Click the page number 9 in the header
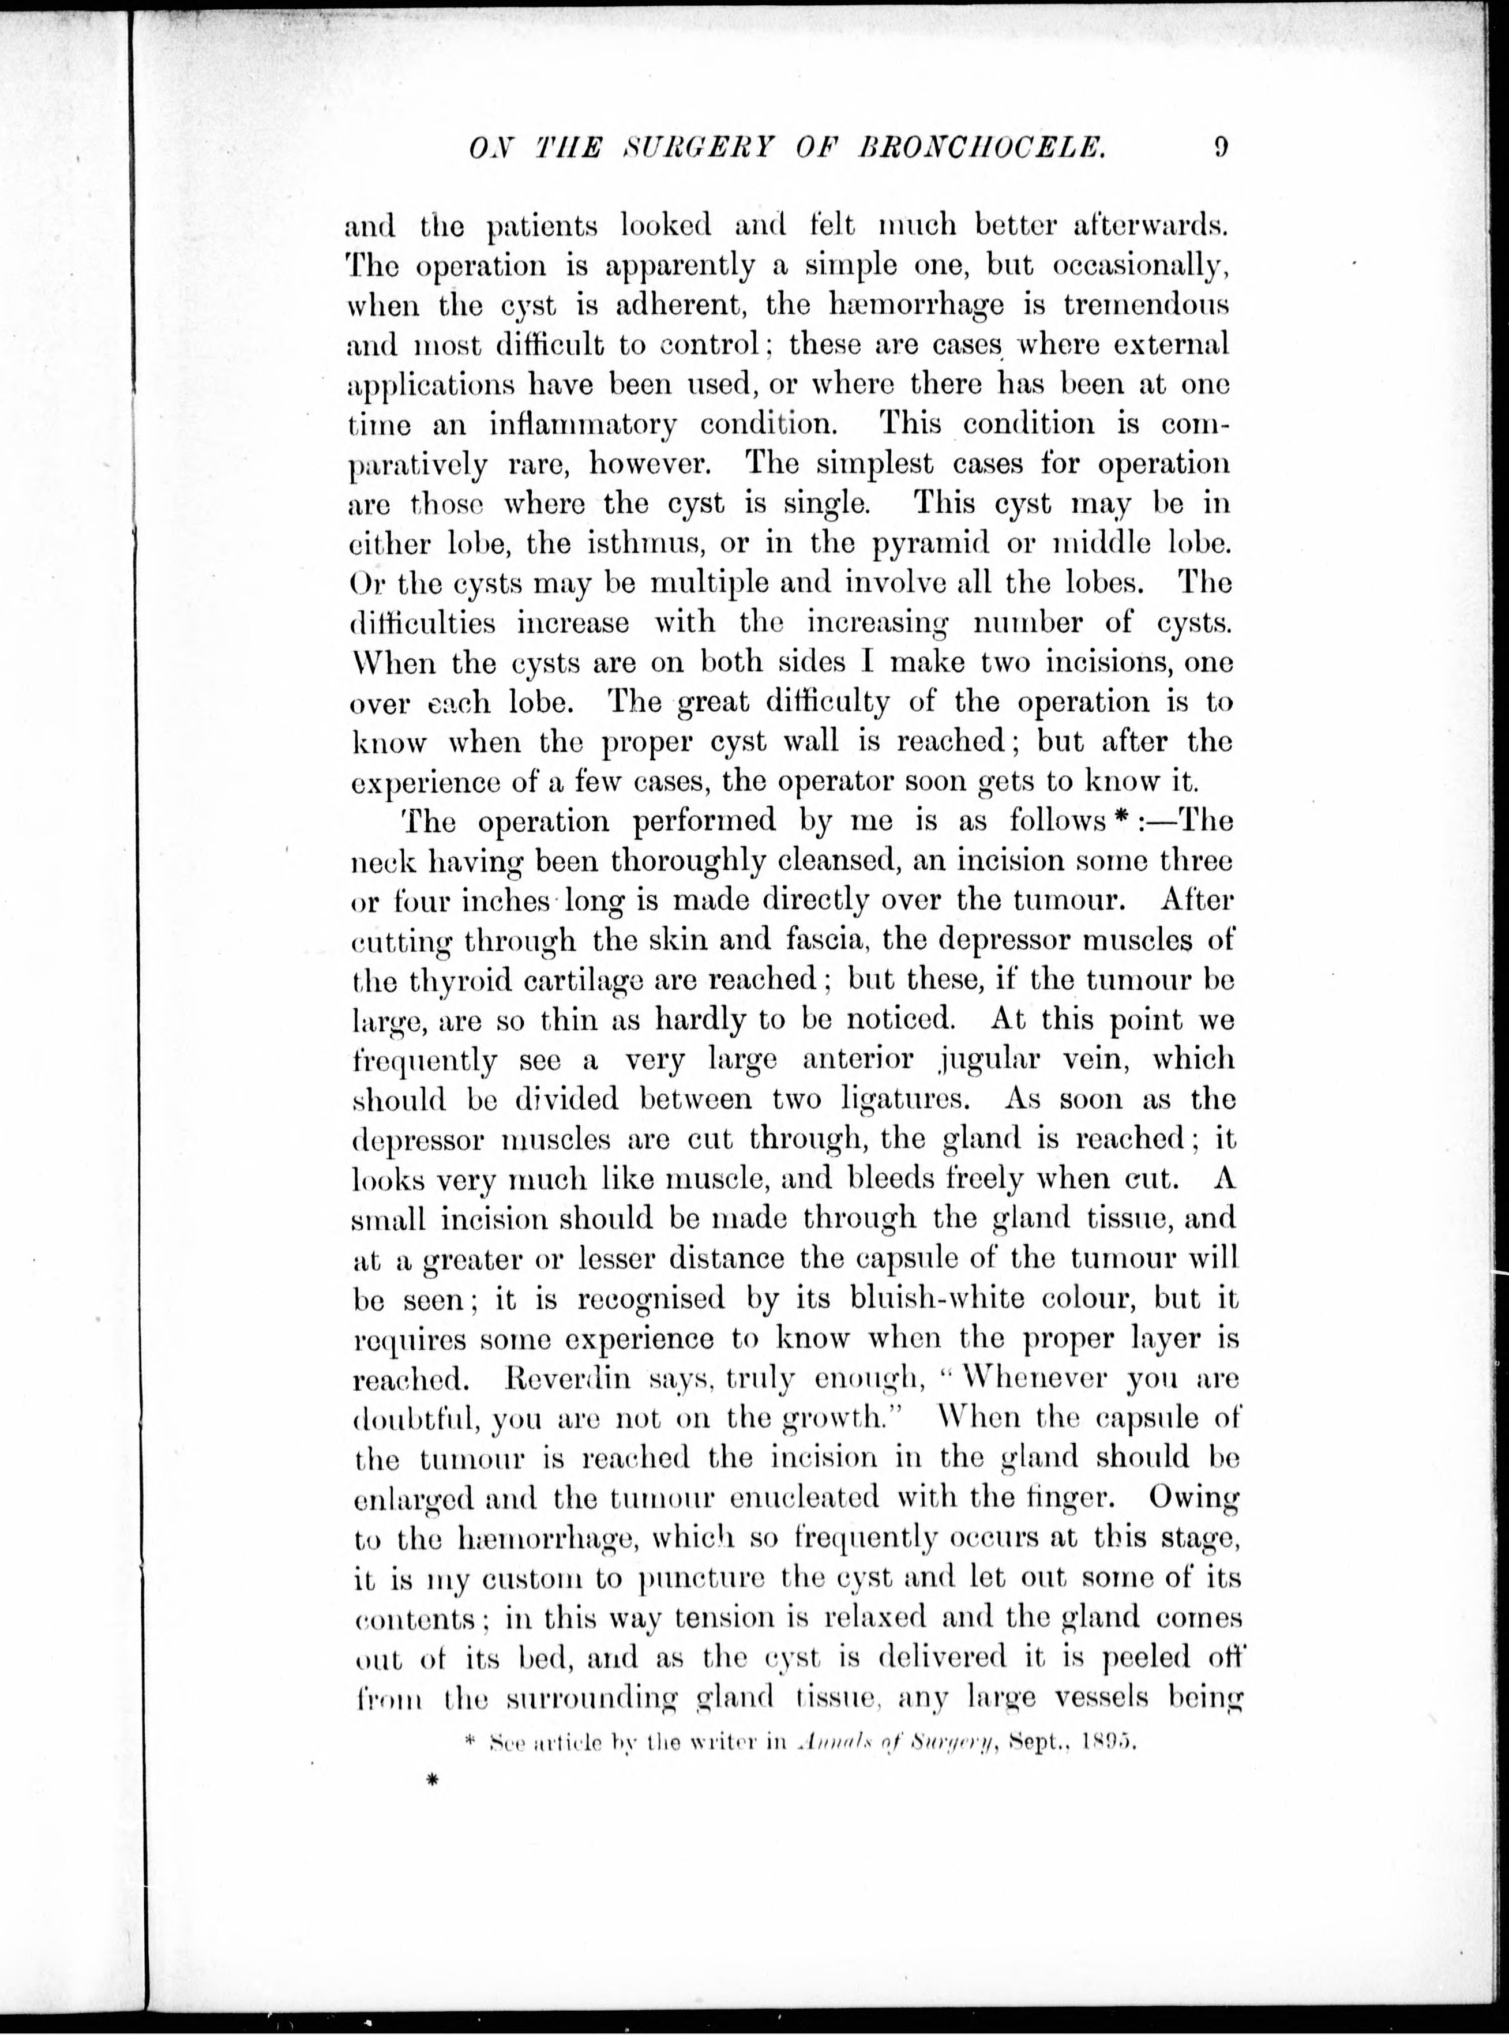pyautogui.click(x=1221, y=146)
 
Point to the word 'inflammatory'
pyautogui.click(x=583, y=425)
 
